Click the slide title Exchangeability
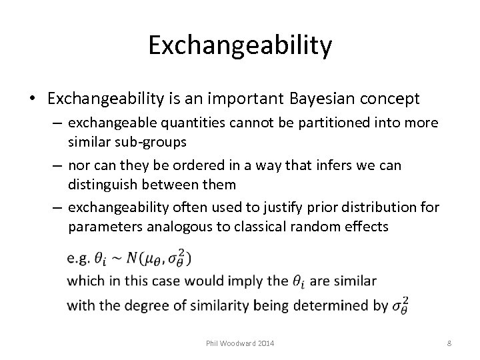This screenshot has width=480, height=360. [x=240, y=45]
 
